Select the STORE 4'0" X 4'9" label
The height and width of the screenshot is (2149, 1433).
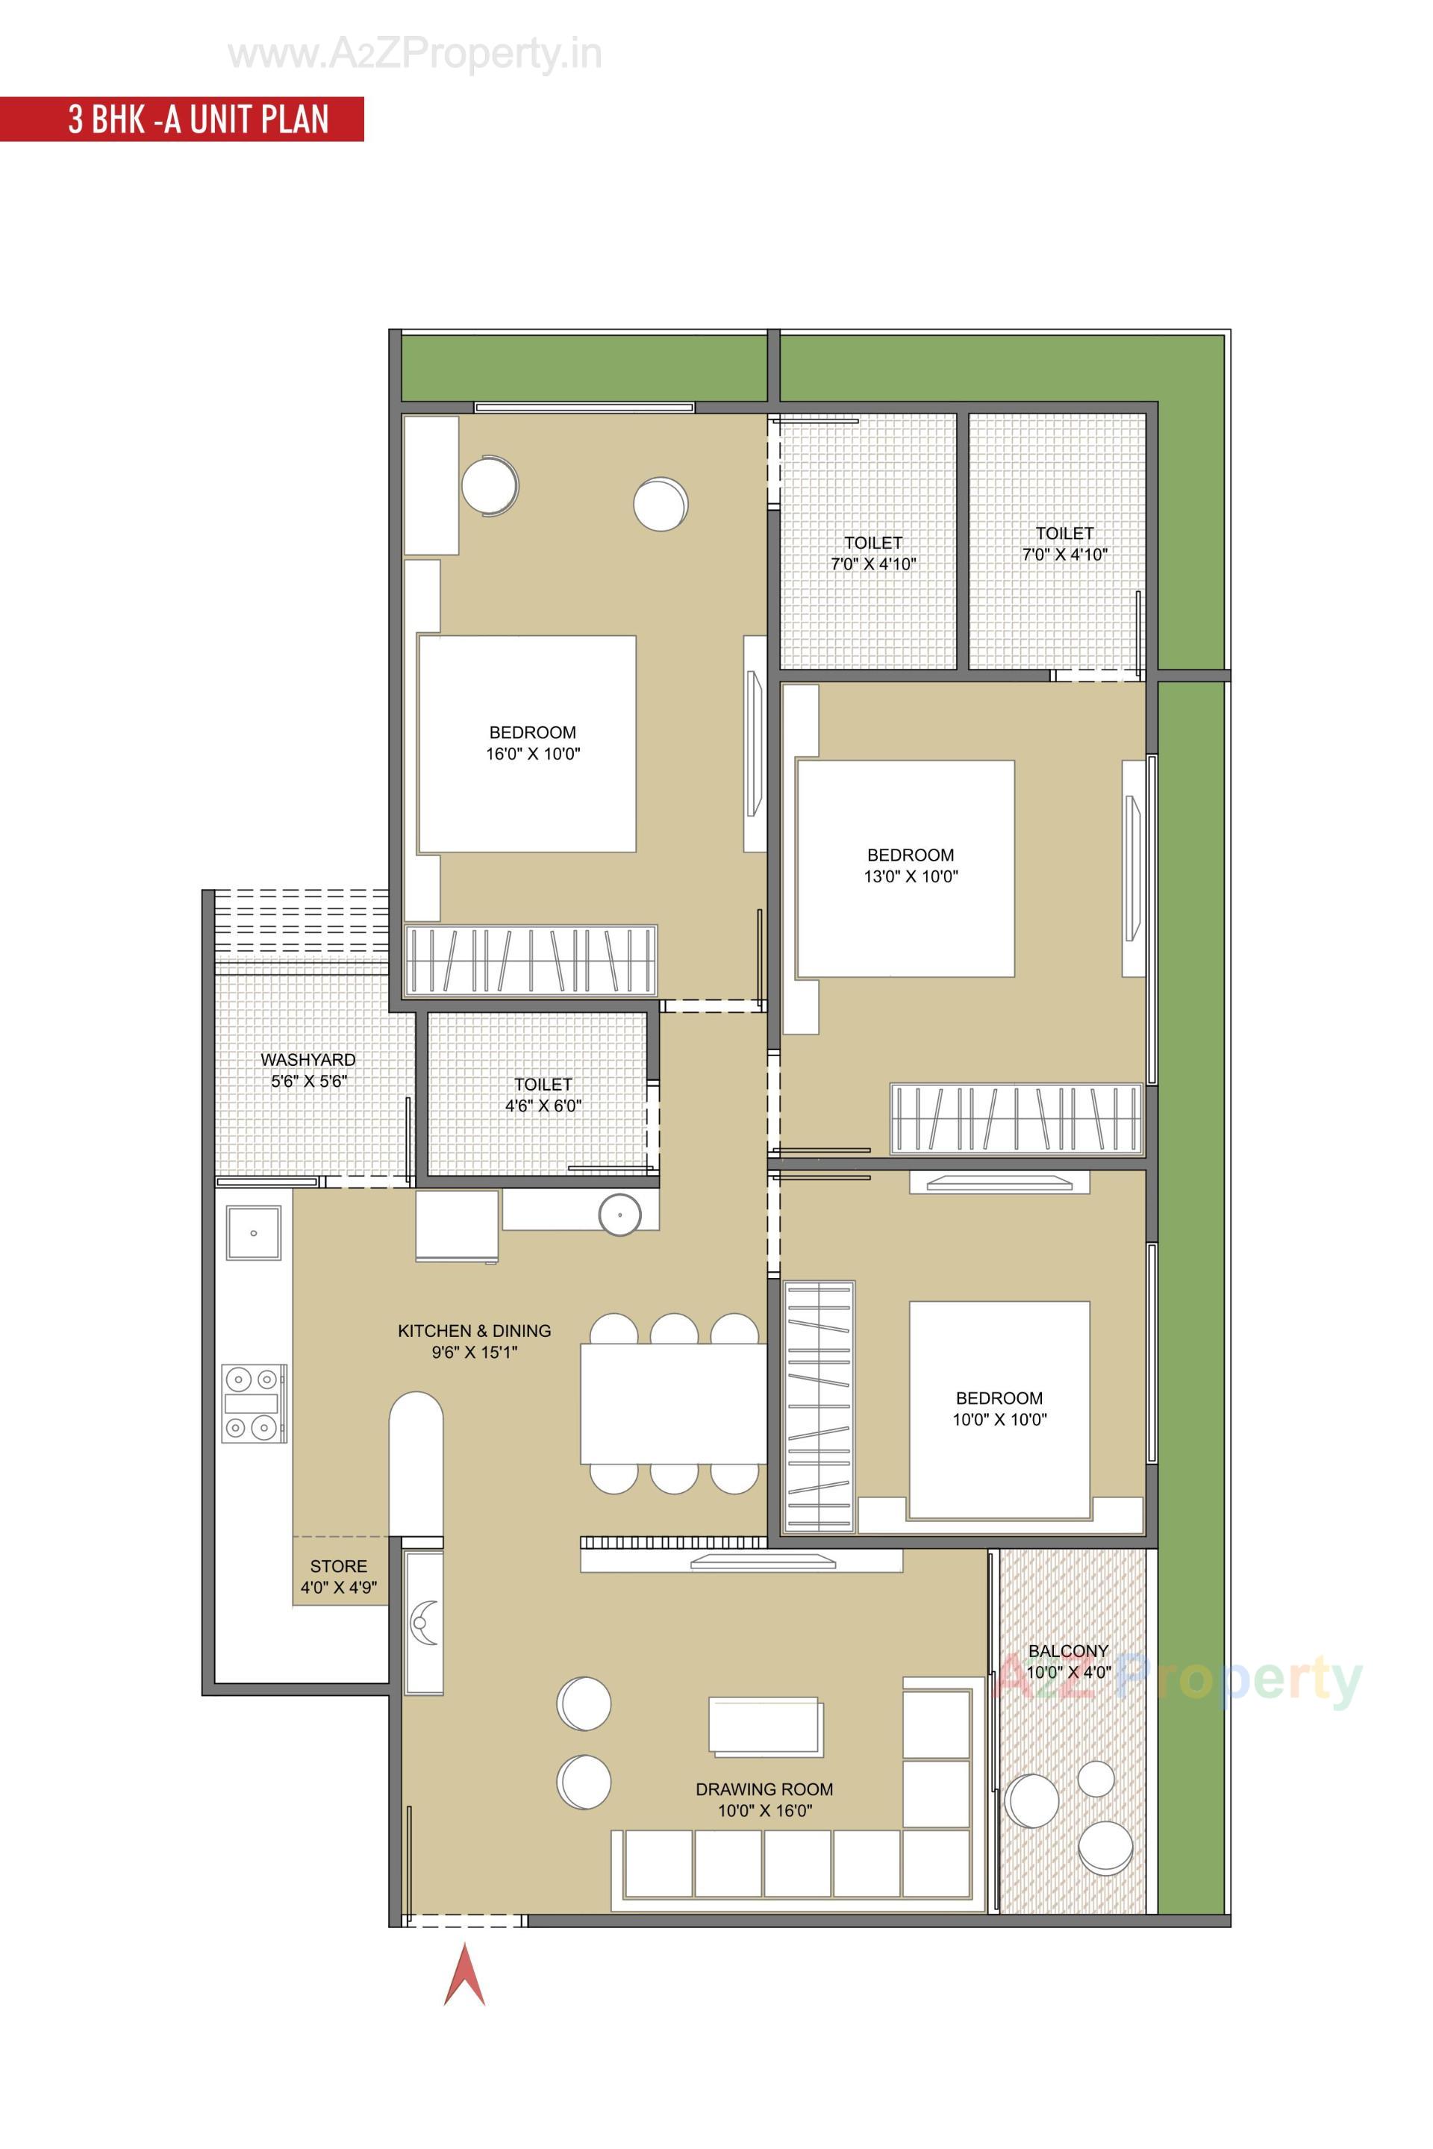coord(338,1576)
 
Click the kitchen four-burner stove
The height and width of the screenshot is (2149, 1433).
coord(253,1403)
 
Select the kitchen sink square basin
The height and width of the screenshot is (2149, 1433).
coord(253,1233)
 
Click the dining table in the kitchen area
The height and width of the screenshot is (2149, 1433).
coord(672,1403)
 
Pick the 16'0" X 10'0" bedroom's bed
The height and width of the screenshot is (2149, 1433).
coord(528,743)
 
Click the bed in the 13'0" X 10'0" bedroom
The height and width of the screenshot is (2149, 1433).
coord(905,868)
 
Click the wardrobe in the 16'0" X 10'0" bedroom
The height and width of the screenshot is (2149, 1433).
coord(530,960)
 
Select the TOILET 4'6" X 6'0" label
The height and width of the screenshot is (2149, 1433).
coord(543,1094)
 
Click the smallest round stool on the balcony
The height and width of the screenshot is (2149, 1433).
coord(1096,1779)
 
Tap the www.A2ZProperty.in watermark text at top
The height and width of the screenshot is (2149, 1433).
coord(415,54)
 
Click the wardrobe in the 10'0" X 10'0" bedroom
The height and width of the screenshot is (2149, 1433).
coord(819,1406)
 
